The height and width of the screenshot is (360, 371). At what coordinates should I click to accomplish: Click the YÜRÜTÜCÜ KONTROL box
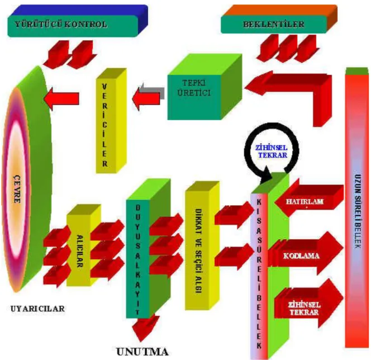[78, 21]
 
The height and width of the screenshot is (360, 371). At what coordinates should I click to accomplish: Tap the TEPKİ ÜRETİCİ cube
[204, 87]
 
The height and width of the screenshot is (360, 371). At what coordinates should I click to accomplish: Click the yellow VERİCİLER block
[111, 121]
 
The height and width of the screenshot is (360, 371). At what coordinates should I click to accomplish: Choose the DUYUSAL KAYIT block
[148, 249]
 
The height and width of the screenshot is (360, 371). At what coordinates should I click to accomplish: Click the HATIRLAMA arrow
[309, 201]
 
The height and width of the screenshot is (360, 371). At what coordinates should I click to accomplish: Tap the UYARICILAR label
[37, 309]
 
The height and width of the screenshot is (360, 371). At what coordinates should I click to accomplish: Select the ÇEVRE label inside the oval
[17, 189]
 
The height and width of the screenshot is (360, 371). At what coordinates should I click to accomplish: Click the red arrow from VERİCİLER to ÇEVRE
[61, 99]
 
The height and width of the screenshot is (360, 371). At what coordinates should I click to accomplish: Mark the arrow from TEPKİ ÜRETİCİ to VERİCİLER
[148, 97]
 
